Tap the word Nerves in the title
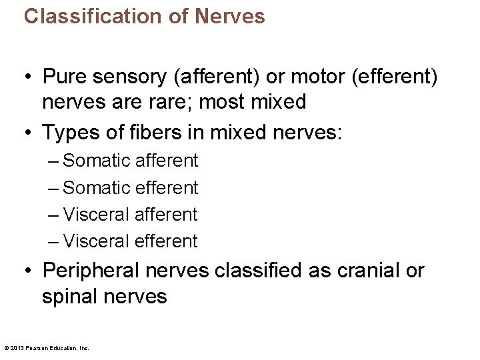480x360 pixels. (x=229, y=16)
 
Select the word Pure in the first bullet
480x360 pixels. (x=64, y=77)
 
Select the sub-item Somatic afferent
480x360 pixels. (x=130, y=161)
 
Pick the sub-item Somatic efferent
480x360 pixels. (x=130, y=188)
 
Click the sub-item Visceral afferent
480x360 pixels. (x=130, y=215)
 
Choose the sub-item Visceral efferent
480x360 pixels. (x=130, y=241)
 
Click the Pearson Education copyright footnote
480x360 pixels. (x=47, y=348)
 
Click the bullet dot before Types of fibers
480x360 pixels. (x=27, y=132)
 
